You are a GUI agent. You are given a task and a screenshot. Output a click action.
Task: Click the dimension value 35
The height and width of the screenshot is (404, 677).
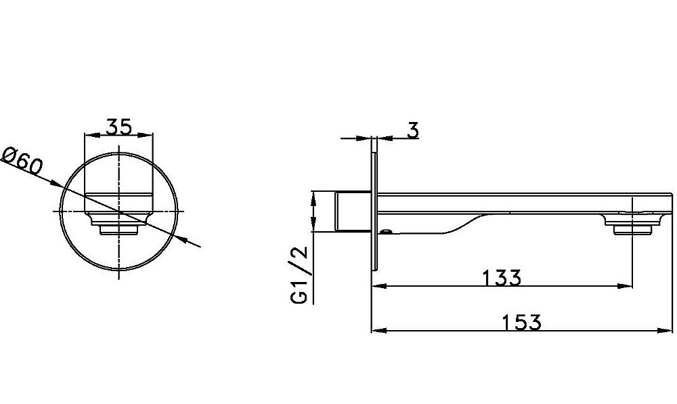click(118, 127)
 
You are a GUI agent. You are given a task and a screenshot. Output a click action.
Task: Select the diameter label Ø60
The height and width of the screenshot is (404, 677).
click(22, 160)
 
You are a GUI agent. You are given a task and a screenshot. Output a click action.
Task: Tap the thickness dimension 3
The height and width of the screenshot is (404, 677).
click(413, 130)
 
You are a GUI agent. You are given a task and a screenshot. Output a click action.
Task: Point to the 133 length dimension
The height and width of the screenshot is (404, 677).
click(501, 278)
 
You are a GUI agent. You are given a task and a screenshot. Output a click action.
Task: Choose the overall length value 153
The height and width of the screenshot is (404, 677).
click(521, 323)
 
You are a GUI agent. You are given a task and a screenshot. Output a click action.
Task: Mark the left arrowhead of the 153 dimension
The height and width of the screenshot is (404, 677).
click(378, 331)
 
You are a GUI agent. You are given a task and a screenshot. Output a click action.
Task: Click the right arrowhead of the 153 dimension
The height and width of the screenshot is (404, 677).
click(665, 331)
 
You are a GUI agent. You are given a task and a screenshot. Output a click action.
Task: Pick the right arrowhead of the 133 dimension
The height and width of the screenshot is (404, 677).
click(625, 285)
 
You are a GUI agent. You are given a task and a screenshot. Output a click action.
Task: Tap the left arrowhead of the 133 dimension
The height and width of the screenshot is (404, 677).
click(378, 285)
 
